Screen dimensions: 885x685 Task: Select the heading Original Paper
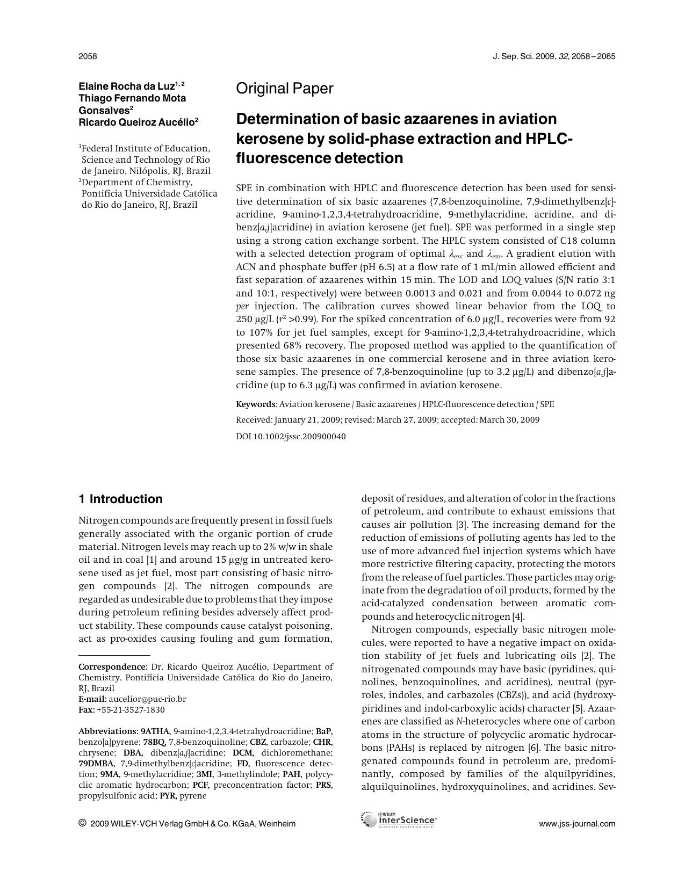click(285, 89)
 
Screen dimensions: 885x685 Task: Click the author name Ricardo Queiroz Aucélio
click(136, 122)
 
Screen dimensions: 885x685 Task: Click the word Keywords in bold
click(256, 404)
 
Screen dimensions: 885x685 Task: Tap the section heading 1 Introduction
click(120, 499)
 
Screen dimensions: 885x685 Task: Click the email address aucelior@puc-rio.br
click(147, 699)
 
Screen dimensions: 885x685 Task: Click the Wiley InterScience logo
click(398, 819)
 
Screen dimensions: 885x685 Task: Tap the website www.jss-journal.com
click(577, 824)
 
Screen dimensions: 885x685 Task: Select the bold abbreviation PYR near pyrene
click(169, 796)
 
